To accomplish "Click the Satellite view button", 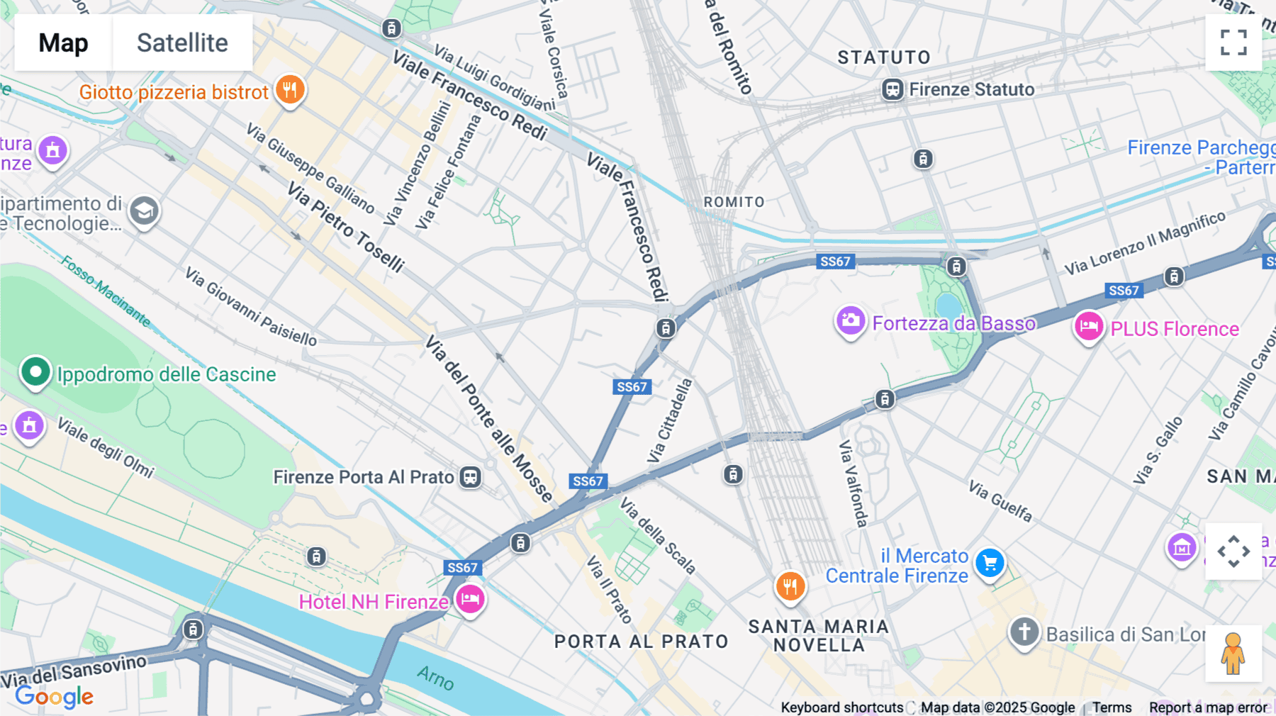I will coord(182,43).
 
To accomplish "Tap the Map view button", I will coord(63,43).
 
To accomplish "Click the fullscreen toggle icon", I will coord(1233,43).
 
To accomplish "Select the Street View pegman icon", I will coord(1233,654).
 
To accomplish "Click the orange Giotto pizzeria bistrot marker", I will coord(289,91).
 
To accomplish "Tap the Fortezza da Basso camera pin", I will coord(850,321).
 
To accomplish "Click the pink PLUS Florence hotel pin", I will coord(1089,327).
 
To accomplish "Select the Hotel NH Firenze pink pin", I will coord(469,600).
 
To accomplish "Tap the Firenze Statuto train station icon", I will coord(892,90).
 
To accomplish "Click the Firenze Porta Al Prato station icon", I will coord(470,477).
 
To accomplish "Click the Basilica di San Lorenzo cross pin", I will coord(1024,631).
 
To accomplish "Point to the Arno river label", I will coord(435,678).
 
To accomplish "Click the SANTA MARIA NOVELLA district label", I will coord(818,636).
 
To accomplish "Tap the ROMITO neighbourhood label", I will coord(734,202).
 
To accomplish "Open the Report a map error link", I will coord(1208,707).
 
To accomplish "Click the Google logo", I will coord(55,696).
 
